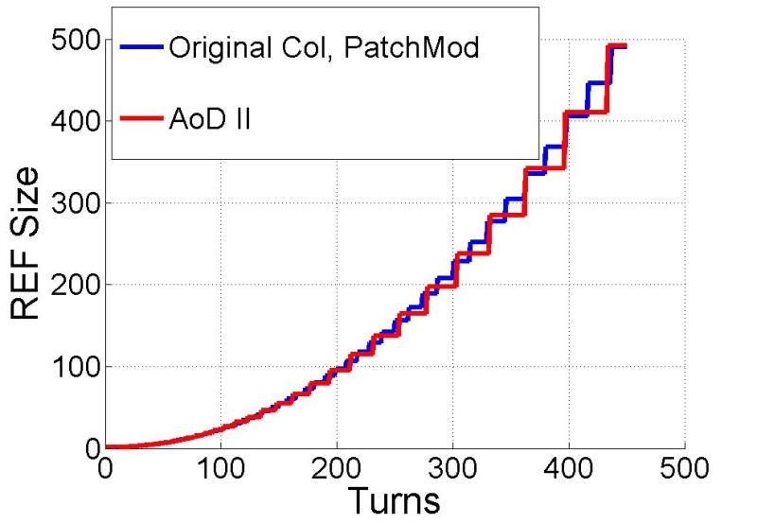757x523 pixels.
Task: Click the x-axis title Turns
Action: click(394, 497)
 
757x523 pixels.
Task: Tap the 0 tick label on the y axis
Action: click(89, 446)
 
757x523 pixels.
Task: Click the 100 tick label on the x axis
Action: click(220, 467)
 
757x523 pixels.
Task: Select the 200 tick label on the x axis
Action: click(337, 467)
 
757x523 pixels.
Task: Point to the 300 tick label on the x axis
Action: click(453, 467)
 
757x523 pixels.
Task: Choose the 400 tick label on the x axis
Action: click(570, 467)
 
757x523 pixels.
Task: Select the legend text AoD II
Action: click(209, 121)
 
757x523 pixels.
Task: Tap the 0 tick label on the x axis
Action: click(105, 467)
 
